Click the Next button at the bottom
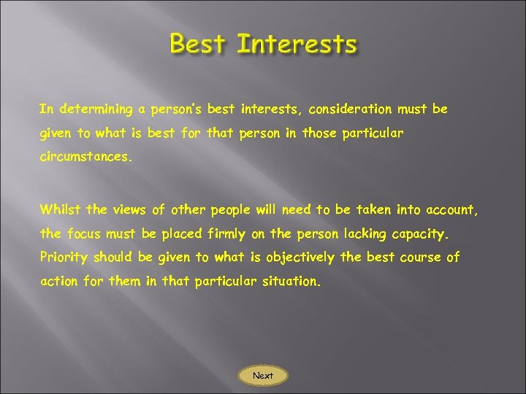[x=263, y=376]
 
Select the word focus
[x=84, y=235]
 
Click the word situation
[x=289, y=281]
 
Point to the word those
[x=321, y=134]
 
